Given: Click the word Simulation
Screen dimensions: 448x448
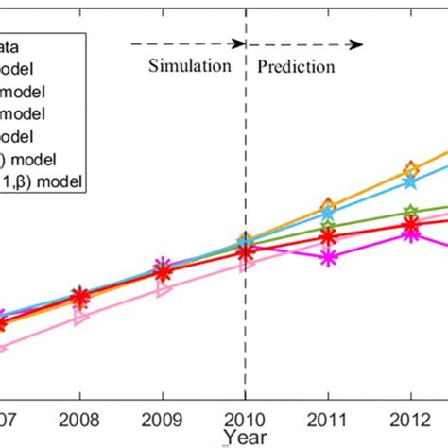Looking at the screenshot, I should tap(189, 67).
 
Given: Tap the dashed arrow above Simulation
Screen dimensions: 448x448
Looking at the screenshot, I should tap(185, 43).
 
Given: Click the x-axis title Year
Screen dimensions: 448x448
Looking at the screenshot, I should tap(245, 436).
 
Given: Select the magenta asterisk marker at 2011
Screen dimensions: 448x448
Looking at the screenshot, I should tap(328, 256).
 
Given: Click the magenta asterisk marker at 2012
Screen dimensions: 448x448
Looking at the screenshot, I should tap(410, 233).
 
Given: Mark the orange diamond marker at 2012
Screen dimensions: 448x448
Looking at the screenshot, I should tap(410, 170).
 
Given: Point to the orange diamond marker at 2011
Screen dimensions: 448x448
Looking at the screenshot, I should tap(328, 205).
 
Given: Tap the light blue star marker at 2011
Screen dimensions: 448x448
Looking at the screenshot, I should tap(328, 215).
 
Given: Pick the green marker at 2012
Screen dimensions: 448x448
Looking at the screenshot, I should tap(410, 213).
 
